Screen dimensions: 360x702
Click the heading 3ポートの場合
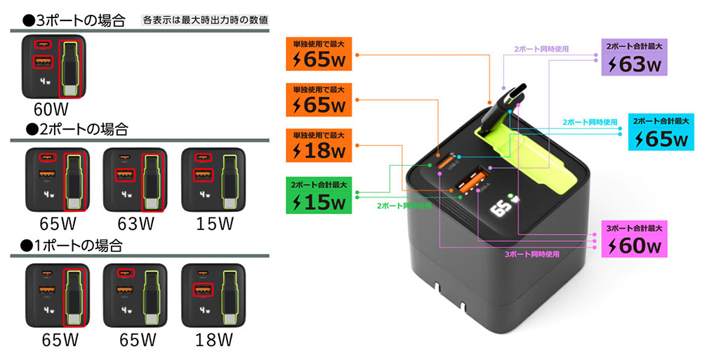pyautogui.click(x=71, y=19)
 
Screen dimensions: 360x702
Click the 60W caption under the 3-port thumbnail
pyautogui.click(x=51, y=109)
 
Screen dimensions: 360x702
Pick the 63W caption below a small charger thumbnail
pyautogui.click(x=135, y=223)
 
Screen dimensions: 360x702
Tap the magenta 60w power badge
pyautogui.click(x=634, y=239)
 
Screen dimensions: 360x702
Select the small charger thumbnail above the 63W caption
pyautogui.click(x=135, y=180)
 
